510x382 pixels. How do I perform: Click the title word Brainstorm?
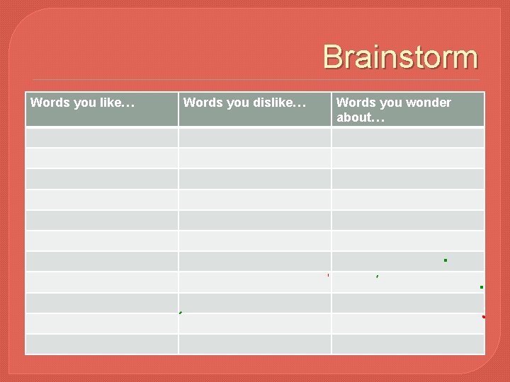click(400, 57)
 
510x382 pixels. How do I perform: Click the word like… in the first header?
click(118, 103)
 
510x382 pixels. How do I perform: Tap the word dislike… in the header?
click(279, 103)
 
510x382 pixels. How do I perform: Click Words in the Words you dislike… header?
click(201, 103)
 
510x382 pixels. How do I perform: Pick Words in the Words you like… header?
click(48, 103)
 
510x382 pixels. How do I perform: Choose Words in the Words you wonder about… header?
click(354, 103)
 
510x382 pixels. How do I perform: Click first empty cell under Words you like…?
click(101, 137)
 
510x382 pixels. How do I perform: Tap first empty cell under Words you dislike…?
click(254, 137)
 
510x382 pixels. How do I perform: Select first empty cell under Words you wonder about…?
click(408, 137)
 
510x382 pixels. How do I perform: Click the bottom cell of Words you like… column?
click(101, 344)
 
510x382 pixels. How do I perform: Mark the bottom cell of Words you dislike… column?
click(254, 344)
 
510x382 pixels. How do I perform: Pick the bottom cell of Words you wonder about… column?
click(408, 344)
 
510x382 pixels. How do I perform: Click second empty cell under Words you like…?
click(101, 158)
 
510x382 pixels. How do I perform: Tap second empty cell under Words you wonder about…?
click(408, 158)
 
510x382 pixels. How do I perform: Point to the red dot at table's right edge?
click(484, 317)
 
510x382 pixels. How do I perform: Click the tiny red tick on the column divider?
click(329, 274)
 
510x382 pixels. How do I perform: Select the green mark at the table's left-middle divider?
click(181, 312)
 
